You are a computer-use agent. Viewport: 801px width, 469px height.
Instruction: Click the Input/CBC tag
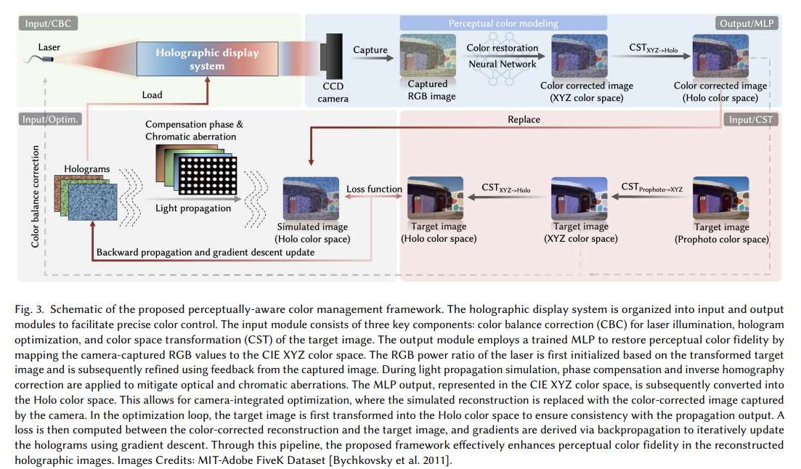pyautogui.click(x=48, y=24)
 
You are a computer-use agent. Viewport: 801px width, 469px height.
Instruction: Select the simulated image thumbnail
pyautogui.click(x=312, y=198)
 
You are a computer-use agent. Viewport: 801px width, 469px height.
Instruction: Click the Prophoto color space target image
pyautogui.click(x=720, y=197)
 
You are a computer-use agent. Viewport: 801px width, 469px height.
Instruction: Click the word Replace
pyautogui.click(x=524, y=119)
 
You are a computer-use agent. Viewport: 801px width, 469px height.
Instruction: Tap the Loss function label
pyautogui.click(x=374, y=189)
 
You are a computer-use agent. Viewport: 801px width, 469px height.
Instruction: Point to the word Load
pyautogui.click(x=152, y=94)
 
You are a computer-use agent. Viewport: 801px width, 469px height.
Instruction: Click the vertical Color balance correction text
pyautogui.click(x=35, y=196)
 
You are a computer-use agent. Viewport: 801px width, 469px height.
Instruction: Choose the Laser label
pyautogui.click(x=50, y=46)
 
